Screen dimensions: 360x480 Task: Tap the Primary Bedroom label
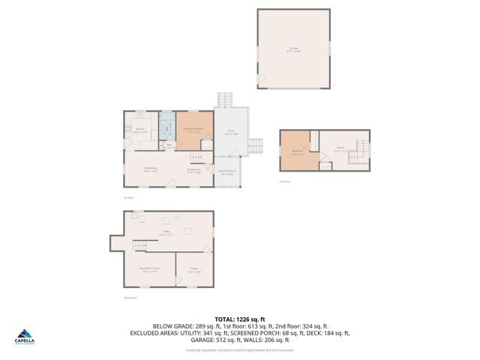[193, 130]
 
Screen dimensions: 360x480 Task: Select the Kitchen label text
[140, 130]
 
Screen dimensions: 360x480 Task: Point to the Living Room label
[149, 169]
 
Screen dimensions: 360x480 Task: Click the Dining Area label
[193, 169]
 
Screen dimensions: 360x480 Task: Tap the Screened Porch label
[226, 172]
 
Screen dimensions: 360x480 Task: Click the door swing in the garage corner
[261, 79]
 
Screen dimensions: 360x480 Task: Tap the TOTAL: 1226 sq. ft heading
[239, 319]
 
